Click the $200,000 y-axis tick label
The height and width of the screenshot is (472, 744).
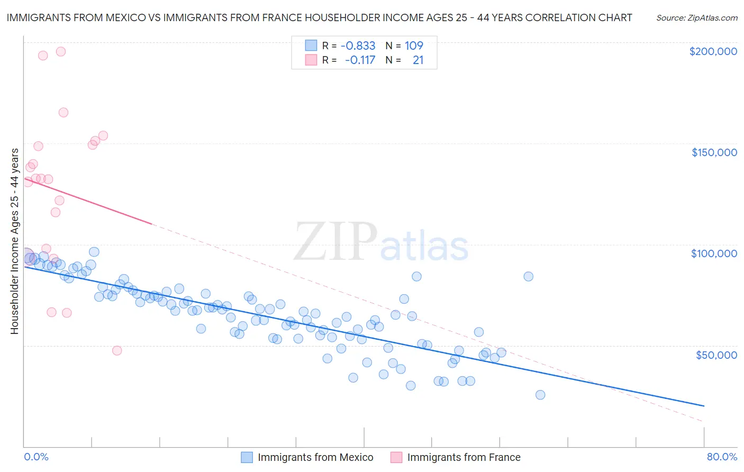point(713,51)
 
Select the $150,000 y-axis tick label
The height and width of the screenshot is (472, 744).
point(714,152)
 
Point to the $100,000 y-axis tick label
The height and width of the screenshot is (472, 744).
point(714,253)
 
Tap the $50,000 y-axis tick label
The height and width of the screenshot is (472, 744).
point(716,355)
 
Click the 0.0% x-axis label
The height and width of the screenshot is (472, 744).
point(36,457)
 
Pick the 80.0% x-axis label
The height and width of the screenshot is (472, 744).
point(722,457)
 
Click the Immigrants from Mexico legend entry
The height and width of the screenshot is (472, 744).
point(307,457)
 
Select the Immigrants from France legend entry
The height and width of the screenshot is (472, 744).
point(456,457)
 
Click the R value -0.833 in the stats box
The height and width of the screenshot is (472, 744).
point(358,46)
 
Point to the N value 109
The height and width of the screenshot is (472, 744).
point(414,46)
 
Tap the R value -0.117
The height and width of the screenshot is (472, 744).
point(360,60)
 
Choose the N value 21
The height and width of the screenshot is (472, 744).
point(418,60)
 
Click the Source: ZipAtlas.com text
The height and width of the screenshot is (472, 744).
point(696,18)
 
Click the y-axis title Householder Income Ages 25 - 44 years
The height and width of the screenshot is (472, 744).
point(14,241)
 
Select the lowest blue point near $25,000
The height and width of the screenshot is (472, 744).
point(540,395)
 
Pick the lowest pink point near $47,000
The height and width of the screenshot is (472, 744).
point(117,350)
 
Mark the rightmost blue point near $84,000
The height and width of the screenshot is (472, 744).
point(528,276)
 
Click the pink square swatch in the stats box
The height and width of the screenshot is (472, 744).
point(311,60)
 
